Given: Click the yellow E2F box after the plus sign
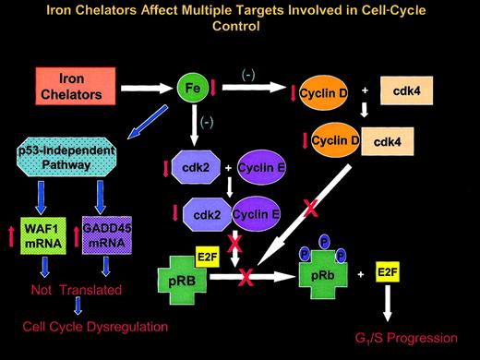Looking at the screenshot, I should coord(412,274).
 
